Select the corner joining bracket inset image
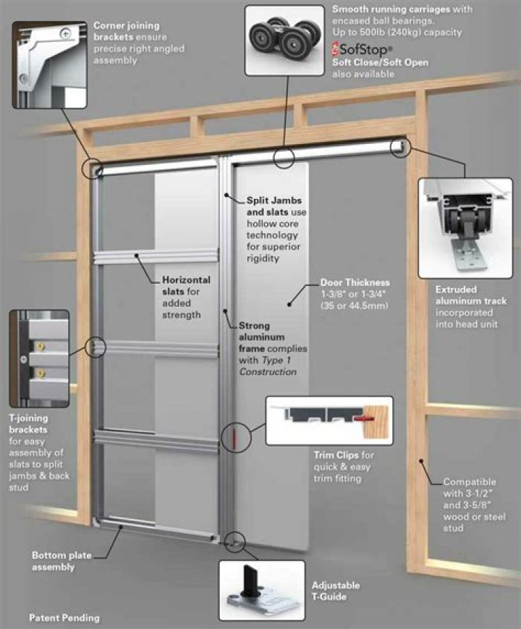click(49, 63)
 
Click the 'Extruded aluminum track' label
click(470, 295)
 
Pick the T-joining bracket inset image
click(39, 358)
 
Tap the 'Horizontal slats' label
click(186, 285)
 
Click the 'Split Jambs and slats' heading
click(274, 206)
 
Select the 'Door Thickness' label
click(355, 282)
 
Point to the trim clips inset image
click(329, 420)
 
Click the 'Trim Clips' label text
click(344, 455)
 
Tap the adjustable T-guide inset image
click(260, 589)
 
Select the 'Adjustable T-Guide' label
click(335, 591)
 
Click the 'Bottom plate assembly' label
click(63, 561)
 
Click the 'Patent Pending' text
click(64, 618)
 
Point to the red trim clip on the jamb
click(234, 437)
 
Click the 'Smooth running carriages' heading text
click(402, 9)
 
